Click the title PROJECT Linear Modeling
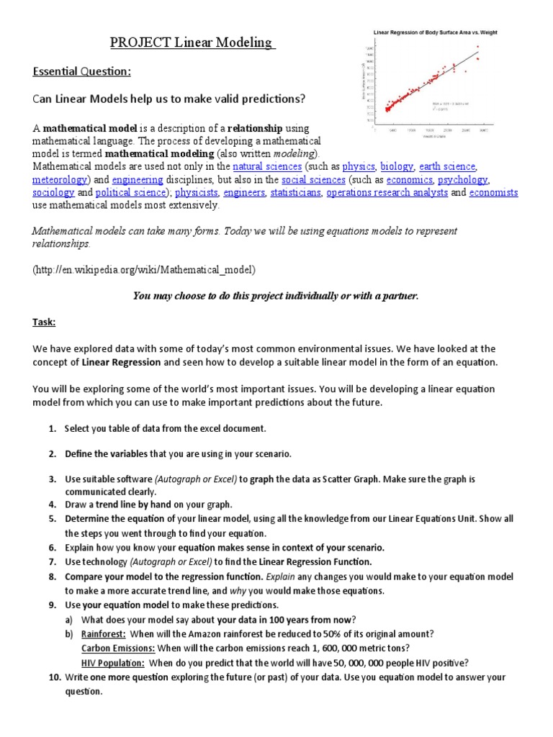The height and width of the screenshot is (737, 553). tap(193, 44)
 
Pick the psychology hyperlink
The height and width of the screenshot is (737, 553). tap(463, 179)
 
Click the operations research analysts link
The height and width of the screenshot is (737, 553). tap(387, 192)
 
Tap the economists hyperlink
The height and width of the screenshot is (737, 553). tap(493, 192)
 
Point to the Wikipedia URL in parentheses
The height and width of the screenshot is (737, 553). tap(144, 269)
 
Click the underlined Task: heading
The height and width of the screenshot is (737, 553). tap(44, 323)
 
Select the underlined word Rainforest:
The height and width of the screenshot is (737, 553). tap(104, 633)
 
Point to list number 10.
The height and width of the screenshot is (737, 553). tap(55, 677)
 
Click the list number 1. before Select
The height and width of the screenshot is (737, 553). tap(53, 428)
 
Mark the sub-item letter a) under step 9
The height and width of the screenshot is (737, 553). tap(70, 619)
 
